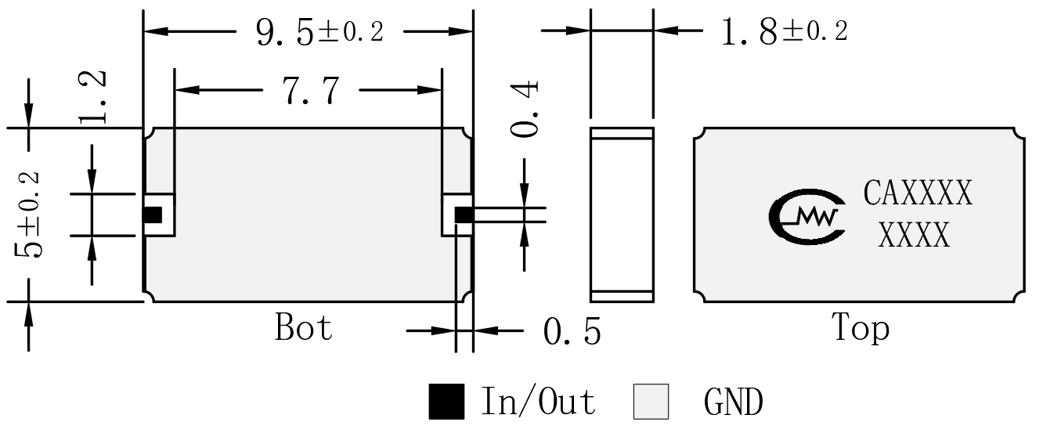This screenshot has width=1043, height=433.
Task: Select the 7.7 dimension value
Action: [x=311, y=90]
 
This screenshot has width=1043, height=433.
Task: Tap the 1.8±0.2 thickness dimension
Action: [x=785, y=31]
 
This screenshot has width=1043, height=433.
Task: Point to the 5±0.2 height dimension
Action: [x=27, y=215]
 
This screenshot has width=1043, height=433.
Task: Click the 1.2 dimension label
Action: [x=92, y=97]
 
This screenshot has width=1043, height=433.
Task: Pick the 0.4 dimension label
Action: [x=525, y=109]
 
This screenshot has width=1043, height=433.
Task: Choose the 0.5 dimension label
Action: [x=572, y=331]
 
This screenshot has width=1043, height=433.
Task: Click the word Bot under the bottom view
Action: [x=304, y=327]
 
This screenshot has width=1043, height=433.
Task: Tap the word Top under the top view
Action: [x=861, y=328]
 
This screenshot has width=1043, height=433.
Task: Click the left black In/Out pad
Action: [x=152, y=215]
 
